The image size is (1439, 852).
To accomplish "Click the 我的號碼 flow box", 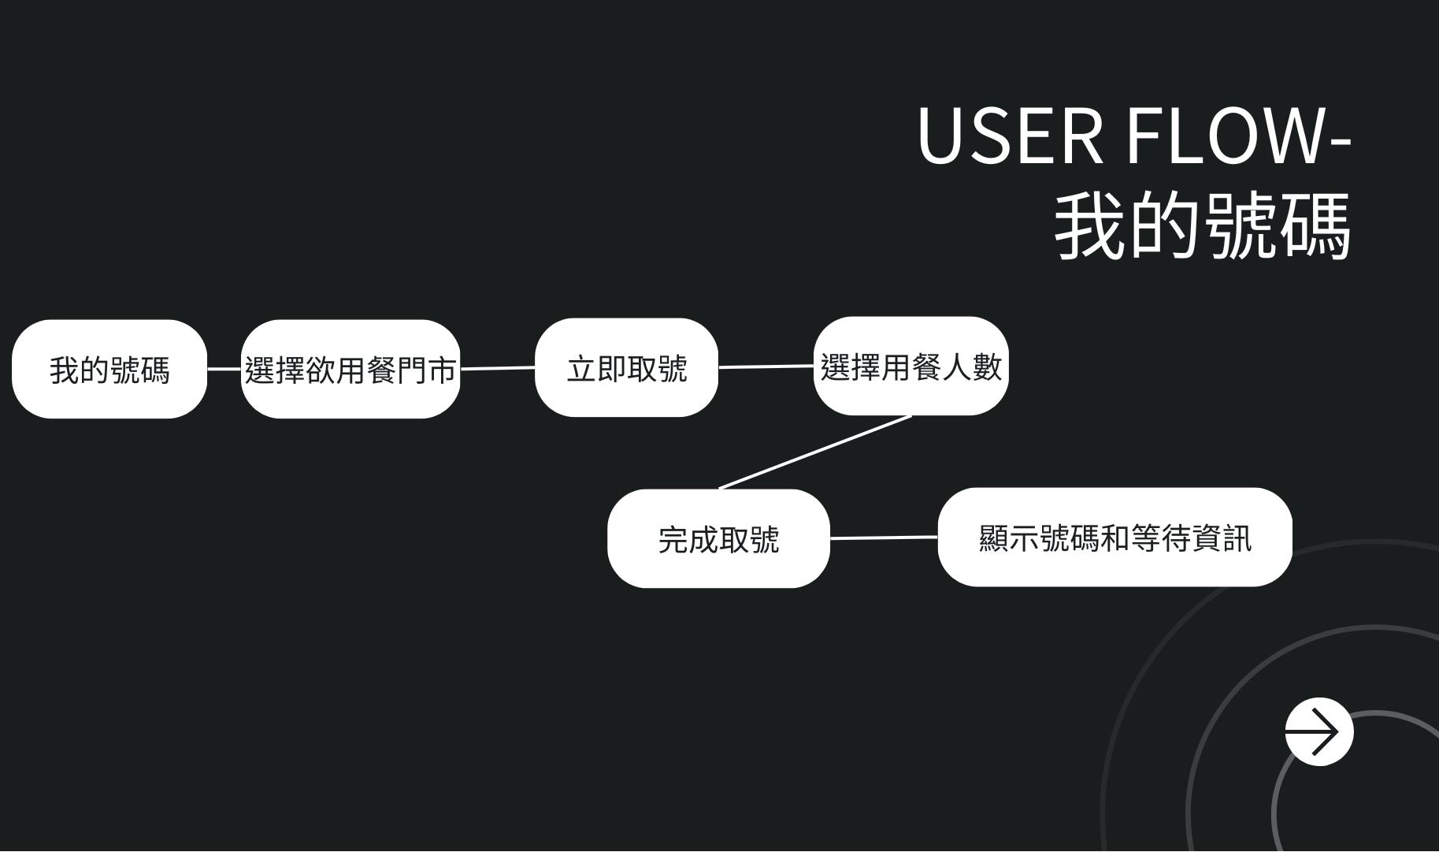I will [109, 370].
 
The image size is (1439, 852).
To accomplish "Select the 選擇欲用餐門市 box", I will [350, 370].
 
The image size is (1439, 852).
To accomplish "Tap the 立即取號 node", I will [626, 368].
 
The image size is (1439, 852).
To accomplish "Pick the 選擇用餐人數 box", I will [911, 366].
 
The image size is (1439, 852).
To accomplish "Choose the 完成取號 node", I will [718, 539].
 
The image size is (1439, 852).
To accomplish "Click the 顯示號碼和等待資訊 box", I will [1114, 538].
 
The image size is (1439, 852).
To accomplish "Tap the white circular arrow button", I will [1318, 731].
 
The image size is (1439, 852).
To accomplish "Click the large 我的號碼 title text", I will [1202, 225].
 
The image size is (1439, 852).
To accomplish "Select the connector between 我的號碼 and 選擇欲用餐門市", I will [224, 369].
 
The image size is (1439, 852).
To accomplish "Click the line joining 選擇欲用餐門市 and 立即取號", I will [497, 368].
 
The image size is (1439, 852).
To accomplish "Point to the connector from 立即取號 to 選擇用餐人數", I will [766, 366].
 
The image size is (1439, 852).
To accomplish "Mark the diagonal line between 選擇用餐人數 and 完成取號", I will [815, 452].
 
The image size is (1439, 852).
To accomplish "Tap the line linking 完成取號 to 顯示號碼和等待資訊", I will [884, 538].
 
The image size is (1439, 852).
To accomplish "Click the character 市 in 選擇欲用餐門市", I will [442, 370].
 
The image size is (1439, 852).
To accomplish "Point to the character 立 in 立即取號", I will [581, 369].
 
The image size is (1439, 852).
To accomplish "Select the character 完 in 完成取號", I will [673, 540].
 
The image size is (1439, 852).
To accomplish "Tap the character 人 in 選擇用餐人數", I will [956, 367].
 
